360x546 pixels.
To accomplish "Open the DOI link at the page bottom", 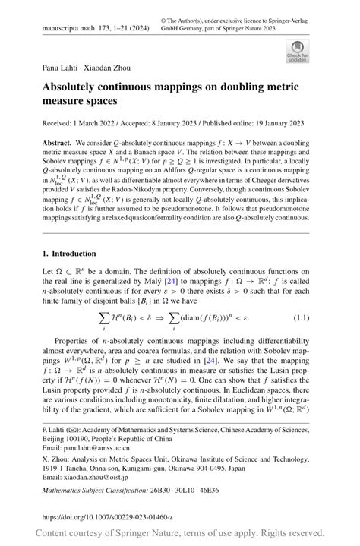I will click(108, 516).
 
